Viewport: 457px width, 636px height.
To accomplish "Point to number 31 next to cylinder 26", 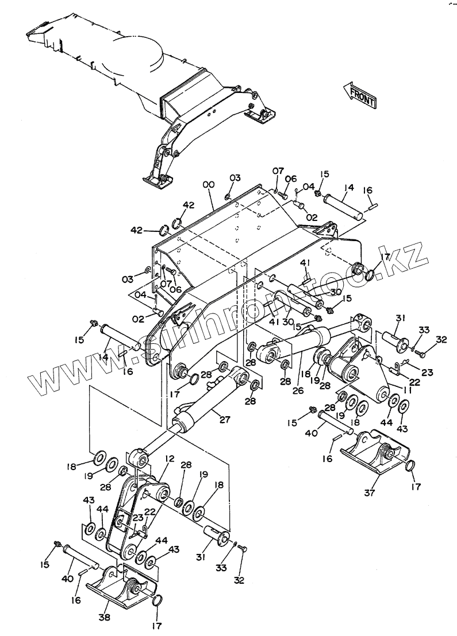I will [x=400, y=319].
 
